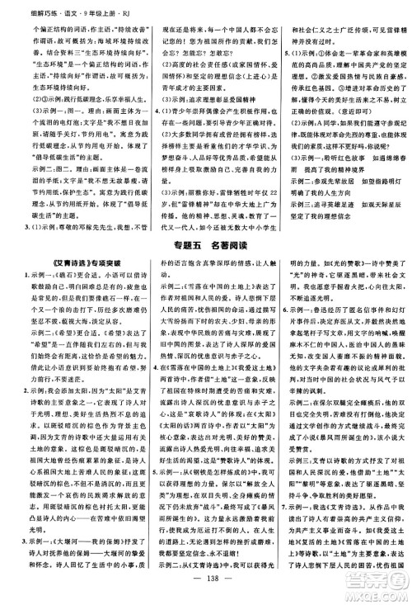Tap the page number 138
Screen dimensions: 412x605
tap(206, 591)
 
